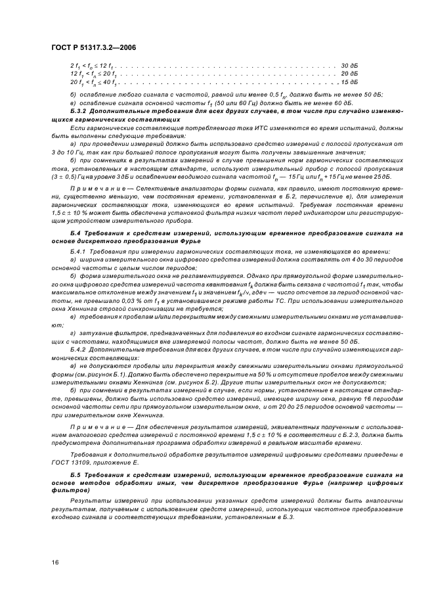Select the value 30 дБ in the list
(x=349, y=66)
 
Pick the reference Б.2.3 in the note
(x=307, y=435)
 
